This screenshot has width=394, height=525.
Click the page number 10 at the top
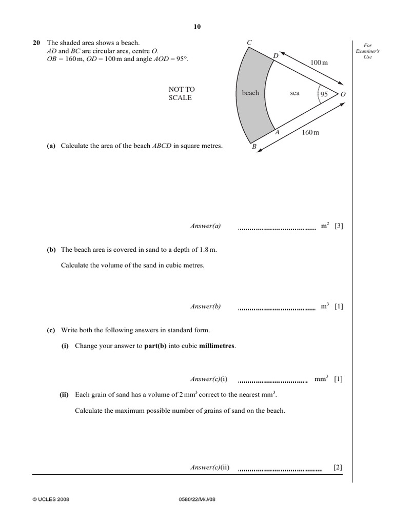coord(197,27)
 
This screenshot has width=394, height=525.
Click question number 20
coord(36,43)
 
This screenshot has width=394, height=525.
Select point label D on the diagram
coord(275,55)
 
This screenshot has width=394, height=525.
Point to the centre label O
coord(343,94)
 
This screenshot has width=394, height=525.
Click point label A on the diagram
coord(277,132)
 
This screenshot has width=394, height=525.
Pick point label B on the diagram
coord(253,147)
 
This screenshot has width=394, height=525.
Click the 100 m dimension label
coord(319,63)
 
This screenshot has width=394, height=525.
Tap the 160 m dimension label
coord(310,133)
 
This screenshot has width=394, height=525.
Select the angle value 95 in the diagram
coord(324,94)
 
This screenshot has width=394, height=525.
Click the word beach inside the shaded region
coord(250,93)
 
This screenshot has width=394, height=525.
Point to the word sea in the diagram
coord(294,93)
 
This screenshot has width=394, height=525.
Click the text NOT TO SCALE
coord(182,93)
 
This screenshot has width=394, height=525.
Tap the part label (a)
coord(51,146)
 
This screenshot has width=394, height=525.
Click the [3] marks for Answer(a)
coord(339,226)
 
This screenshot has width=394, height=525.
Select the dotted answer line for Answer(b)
coord(277,310)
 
